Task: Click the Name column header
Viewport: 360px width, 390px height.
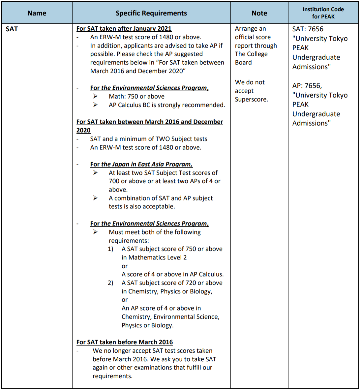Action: (37, 13)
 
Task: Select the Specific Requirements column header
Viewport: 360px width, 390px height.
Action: (151, 13)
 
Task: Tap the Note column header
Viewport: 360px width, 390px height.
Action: (259, 13)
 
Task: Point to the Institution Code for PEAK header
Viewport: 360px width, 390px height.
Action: (323, 13)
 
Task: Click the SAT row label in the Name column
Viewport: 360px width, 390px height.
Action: (12, 29)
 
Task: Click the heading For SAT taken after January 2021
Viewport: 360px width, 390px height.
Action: (124, 29)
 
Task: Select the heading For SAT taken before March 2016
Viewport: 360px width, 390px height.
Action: (124, 342)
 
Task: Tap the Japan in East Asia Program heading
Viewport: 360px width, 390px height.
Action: (141, 164)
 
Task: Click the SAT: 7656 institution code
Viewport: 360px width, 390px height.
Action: (308, 29)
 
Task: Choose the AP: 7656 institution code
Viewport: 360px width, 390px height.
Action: (307, 86)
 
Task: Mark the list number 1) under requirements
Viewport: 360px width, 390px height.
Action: (111, 249)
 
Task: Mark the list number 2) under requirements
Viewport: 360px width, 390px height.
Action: (111, 283)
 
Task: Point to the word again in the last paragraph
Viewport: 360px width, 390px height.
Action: (101, 368)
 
